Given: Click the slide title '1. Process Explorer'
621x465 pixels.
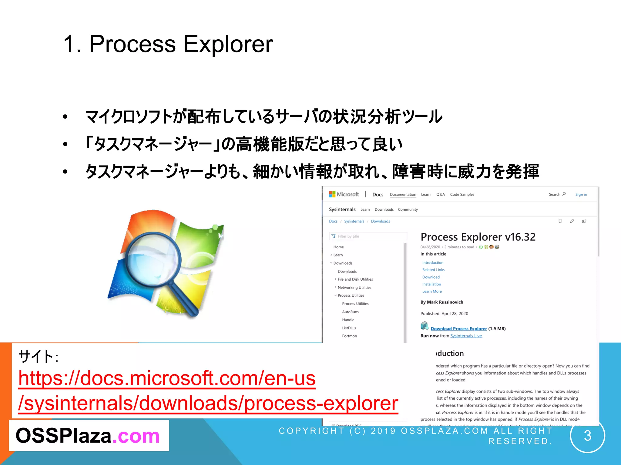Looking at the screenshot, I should click(x=168, y=44).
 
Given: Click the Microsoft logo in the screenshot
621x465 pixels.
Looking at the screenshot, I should click(x=332, y=194).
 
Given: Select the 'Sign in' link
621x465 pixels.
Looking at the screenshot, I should click(x=581, y=194).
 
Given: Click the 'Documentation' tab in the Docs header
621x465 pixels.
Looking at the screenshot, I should click(x=403, y=194).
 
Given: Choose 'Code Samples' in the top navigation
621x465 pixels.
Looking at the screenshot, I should click(x=462, y=194).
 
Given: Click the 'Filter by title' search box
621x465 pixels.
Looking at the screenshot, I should click(x=368, y=236).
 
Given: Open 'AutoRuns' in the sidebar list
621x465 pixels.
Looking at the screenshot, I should click(x=350, y=312).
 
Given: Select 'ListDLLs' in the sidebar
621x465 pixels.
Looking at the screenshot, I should click(x=349, y=328).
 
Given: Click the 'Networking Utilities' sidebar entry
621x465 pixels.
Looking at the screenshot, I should click(x=354, y=287).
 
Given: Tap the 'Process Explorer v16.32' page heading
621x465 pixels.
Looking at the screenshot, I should click(x=478, y=237).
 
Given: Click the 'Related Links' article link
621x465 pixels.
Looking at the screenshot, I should click(x=433, y=270).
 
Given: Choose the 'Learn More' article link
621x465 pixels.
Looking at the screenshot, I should click(x=432, y=291).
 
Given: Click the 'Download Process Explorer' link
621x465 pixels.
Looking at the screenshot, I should click(x=458, y=328).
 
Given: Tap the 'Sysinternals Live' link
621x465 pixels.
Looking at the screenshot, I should click(x=466, y=336).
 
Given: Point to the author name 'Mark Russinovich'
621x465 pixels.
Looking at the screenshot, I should click(x=445, y=302).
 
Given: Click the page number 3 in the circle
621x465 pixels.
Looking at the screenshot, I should click(x=587, y=436).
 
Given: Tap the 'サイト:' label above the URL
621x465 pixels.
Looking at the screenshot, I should click(x=38, y=356).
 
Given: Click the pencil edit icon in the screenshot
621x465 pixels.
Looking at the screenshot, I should click(x=572, y=221).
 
